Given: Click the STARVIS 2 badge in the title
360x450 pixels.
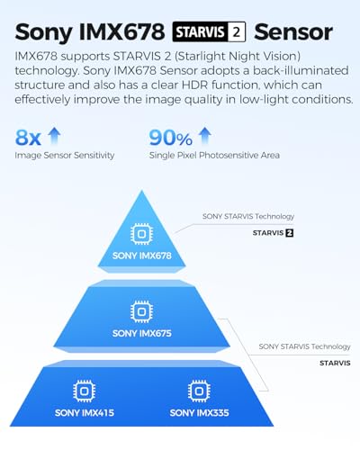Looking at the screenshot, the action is [x=209, y=31].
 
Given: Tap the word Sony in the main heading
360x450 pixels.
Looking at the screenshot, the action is [x=44, y=32].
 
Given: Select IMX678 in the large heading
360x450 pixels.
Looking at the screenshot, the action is [x=122, y=31].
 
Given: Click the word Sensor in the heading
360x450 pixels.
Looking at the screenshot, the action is [x=293, y=31].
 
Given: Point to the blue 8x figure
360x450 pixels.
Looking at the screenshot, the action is [x=28, y=138].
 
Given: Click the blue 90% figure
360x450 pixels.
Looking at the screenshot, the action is [x=170, y=138].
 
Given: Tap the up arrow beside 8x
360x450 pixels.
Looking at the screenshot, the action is [x=55, y=135].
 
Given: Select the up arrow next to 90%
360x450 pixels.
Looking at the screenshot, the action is [x=205, y=135].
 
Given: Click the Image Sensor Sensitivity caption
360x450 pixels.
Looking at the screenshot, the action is [x=65, y=155].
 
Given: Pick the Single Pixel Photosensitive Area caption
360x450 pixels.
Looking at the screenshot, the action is [x=214, y=155].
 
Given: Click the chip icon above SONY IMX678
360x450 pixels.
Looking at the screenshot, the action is [x=141, y=234].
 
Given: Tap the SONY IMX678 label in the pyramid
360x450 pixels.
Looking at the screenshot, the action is [x=142, y=256].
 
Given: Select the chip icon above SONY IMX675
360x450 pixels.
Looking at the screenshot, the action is [x=141, y=311].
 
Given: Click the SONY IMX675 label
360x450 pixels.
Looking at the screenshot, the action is [x=142, y=333].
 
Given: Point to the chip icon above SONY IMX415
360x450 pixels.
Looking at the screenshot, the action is [x=85, y=391].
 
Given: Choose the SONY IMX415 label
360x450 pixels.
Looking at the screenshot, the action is [x=85, y=413].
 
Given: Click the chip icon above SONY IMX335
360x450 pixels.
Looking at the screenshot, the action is [x=199, y=391].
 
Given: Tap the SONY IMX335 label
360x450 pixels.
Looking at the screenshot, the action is [x=199, y=413].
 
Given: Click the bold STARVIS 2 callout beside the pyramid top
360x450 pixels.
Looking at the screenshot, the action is [x=273, y=233].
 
